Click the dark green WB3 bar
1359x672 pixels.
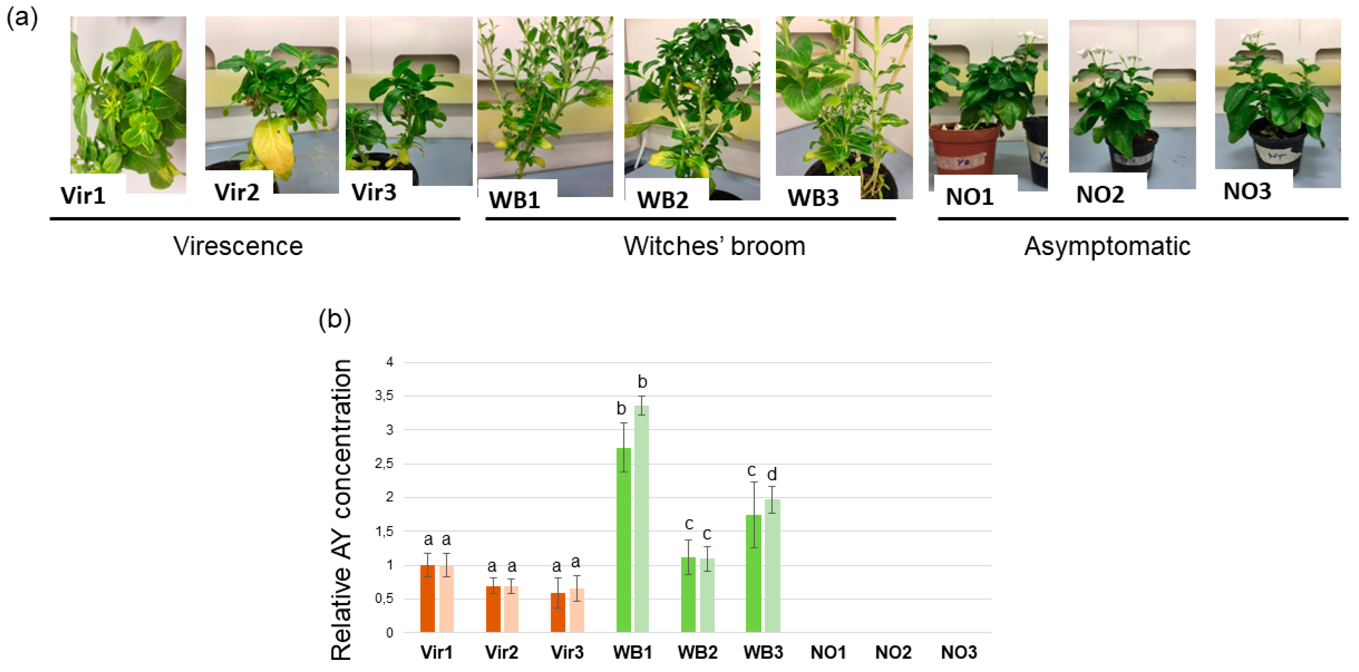pos(754,573)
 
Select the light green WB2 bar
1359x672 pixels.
pos(707,595)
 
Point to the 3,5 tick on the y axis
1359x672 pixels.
pos(384,396)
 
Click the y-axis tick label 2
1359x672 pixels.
pos(390,497)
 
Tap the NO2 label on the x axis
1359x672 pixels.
pos(893,653)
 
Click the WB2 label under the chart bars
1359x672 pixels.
pos(697,653)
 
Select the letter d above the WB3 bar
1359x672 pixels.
pos(772,474)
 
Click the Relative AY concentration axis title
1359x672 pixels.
pos(341,509)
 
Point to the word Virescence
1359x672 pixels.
pos(238,246)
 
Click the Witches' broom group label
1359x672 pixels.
pos(714,246)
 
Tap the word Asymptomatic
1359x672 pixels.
pos(1107,246)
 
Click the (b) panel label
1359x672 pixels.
pos(335,320)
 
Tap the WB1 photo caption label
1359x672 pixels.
pos(514,200)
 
